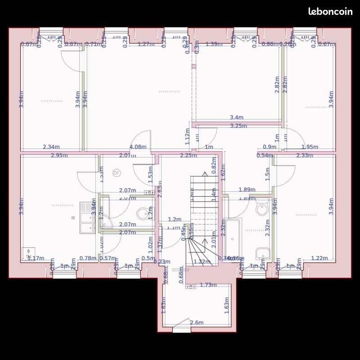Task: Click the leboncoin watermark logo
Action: (x=330, y=12)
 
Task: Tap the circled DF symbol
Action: (x=117, y=173)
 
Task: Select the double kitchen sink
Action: (x=86, y=218)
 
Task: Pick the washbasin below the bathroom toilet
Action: (x=262, y=253)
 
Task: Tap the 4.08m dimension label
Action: (x=138, y=147)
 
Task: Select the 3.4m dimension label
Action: (x=236, y=118)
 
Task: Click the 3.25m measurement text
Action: (x=238, y=126)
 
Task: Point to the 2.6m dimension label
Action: (x=197, y=323)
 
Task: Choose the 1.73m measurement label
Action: (x=208, y=285)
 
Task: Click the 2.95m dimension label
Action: (x=59, y=155)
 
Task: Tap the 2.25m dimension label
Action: (x=188, y=155)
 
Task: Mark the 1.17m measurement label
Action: (x=36, y=258)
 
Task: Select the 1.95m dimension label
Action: (x=310, y=147)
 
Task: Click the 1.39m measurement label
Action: (x=214, y=44)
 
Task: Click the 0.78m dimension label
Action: (x=88, y=258)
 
